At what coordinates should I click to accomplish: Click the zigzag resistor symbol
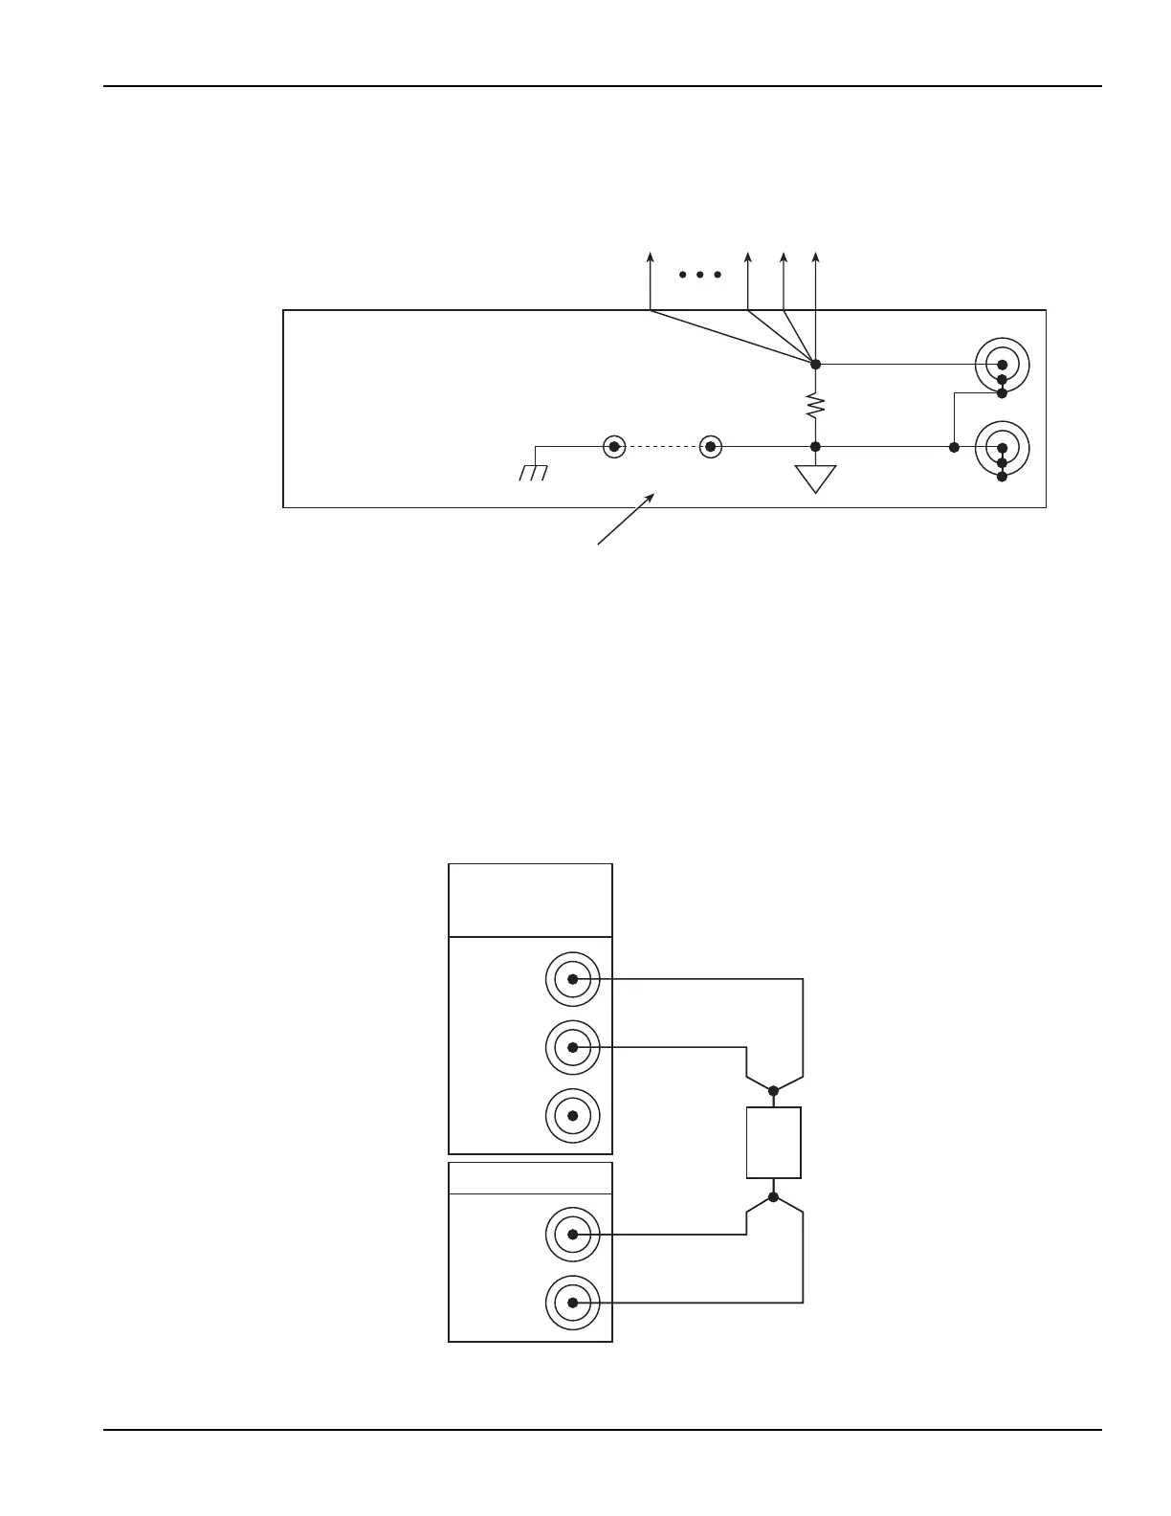815,405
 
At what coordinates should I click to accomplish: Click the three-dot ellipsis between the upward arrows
699,275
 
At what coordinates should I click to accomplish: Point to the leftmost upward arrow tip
651,256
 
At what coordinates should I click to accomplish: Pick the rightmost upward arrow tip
815,256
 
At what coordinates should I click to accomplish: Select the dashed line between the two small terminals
662,446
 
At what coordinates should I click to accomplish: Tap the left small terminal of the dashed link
614,446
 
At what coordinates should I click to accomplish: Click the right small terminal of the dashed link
710,446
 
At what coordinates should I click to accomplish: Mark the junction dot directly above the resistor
815,364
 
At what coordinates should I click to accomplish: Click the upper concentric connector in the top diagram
1002,365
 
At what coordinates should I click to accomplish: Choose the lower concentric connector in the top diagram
1002,448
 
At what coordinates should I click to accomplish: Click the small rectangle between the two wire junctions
773,1143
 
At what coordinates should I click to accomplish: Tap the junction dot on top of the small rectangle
773,1089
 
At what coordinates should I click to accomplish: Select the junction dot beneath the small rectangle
773,1196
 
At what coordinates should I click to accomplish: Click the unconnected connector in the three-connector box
572,1116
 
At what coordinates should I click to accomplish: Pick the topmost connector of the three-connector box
572,979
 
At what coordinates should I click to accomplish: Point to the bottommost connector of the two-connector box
572,1303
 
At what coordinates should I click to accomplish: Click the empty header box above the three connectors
530,900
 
